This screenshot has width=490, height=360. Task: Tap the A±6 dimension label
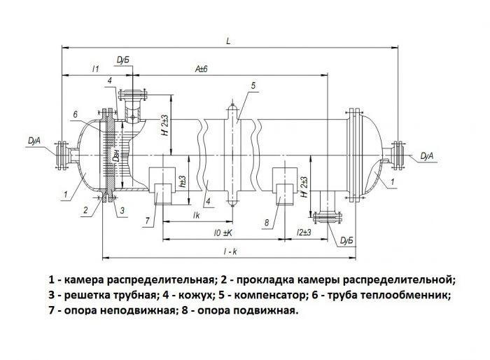[x=202, y=69]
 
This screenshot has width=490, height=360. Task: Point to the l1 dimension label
[x=96, y=68]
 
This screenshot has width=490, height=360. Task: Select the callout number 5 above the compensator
[x=253, y=85]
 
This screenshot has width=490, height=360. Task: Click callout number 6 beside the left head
[x=74, y=114]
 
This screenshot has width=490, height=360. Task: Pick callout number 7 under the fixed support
[x=146, y=221]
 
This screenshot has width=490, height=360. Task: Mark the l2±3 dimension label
[x=304, y=230]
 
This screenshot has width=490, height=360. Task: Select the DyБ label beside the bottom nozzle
[x=346, y=241]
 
